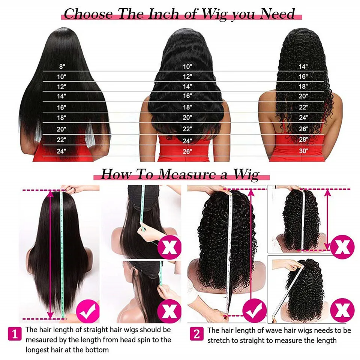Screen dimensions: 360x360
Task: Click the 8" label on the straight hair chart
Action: pos(62,67)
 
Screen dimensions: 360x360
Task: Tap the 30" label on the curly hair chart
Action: pos(303,151)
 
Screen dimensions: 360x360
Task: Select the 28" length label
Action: pos(303,139)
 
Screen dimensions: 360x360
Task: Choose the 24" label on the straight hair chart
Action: pos(61,151)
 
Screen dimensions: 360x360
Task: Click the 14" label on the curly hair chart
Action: pos(303,67)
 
